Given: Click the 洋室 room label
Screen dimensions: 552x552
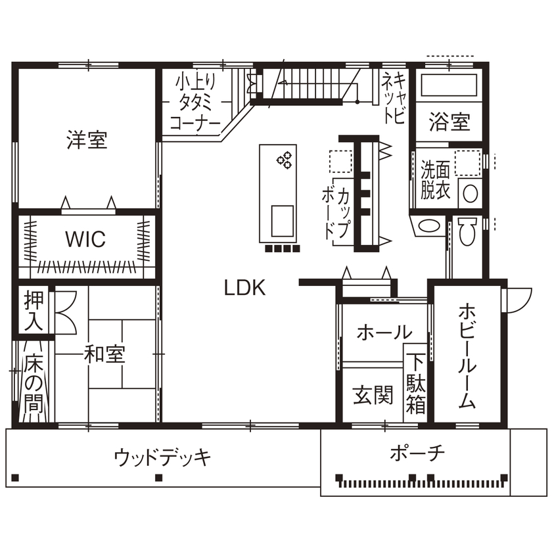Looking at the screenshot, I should [87, 139].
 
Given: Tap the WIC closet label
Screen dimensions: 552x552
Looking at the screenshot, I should [85, 239].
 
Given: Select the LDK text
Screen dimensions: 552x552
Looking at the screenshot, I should [244, 288].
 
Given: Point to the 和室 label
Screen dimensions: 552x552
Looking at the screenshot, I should [104, 355].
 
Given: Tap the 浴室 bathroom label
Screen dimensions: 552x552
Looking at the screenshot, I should [449, 122].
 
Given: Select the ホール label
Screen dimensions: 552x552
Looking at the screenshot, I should [384, 332].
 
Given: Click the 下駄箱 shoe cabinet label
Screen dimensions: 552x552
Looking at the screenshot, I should [415, 384].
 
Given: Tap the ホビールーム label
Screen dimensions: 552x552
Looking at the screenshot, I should [467, 355].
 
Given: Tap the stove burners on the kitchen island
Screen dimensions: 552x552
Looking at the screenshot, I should [285, 160].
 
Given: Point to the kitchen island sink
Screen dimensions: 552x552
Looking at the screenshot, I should [283, 218].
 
